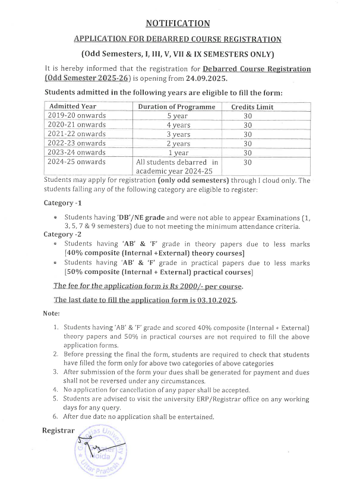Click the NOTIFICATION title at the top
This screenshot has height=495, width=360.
178,24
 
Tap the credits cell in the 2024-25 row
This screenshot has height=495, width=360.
248,162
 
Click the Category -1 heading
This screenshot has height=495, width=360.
62,203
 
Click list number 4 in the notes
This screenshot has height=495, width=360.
55,390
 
